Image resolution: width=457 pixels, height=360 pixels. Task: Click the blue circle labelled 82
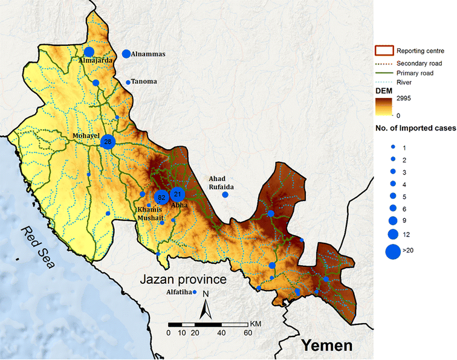(x=161, y=198)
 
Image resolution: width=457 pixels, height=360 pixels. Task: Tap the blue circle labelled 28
(x=108, y=142)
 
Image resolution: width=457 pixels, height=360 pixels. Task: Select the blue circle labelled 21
(x=177, y=194)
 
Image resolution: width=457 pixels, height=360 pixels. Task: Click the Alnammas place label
(x=148, y=54)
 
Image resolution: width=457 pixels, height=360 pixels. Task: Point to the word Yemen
(x=326, y=346)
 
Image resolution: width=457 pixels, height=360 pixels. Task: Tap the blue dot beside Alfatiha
(x=195, y=292)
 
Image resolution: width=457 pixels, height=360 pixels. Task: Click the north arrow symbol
(x=206, y=307)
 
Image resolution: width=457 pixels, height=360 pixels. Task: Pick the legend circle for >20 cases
(x=392, y=252)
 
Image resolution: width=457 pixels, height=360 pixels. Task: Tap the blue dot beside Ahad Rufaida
(x=225, y=194)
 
